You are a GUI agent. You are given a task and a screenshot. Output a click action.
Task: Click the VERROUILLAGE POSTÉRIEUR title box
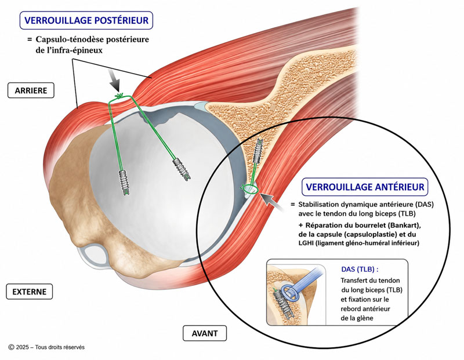tap(86, 20)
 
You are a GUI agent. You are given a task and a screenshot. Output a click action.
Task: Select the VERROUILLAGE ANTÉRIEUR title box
tap(365, 187)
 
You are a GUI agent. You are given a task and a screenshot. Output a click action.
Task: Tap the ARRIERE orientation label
tap(31, 90)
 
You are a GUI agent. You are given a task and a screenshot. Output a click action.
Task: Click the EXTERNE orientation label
tap(30, 292)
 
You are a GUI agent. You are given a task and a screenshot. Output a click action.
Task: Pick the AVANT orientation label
tap(205, 333)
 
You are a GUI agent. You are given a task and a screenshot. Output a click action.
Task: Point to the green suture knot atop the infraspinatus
tap(119, 96)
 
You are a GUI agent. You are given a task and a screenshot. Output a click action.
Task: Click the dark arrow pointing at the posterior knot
tap(115, 81)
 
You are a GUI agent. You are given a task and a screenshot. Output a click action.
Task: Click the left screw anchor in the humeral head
tap(125, 183)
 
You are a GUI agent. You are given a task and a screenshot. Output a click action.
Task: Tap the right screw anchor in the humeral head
tap(182, 169)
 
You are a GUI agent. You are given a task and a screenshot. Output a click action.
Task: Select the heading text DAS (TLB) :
tap(360, 269)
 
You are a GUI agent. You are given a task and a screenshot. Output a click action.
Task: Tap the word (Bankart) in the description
tap(405, 225)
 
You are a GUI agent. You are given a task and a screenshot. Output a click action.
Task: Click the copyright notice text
tap(46, 347)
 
